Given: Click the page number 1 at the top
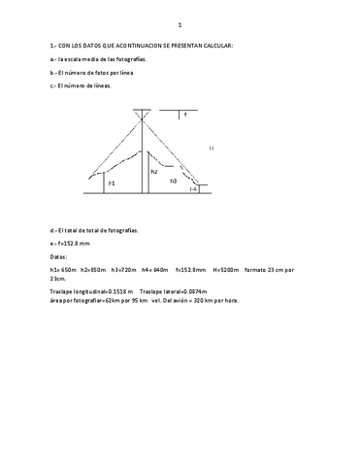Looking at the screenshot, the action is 180,23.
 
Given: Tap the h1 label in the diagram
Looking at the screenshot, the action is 112,183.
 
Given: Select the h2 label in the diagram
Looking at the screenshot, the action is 153,171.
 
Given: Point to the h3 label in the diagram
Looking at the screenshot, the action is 173,181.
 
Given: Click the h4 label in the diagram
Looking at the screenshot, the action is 193,189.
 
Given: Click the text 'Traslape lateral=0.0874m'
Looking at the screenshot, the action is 178,291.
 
